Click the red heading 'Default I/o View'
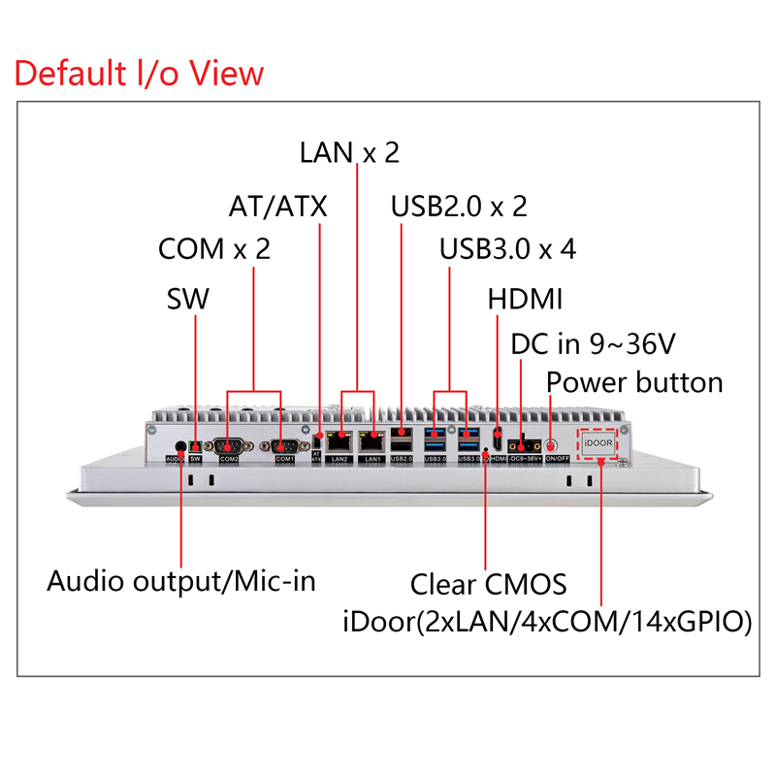[x=140, y=73]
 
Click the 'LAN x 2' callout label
[x=349, y=152]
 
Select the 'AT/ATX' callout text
[x=277, y=207]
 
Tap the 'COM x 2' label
[x=213, y=249]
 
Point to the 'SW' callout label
[x=188, y=299]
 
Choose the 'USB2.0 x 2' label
[x=459, y=207]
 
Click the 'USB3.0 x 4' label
[x=507, y=249]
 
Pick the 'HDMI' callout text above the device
[x=525, y=299]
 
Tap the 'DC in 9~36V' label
[x=593, y=343]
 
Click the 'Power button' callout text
[x=634, y=382]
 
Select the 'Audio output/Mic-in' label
[x=181, y=582]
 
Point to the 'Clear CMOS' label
[x=488, y=585]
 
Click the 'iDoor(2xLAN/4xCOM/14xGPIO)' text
[x=547, y=622]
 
